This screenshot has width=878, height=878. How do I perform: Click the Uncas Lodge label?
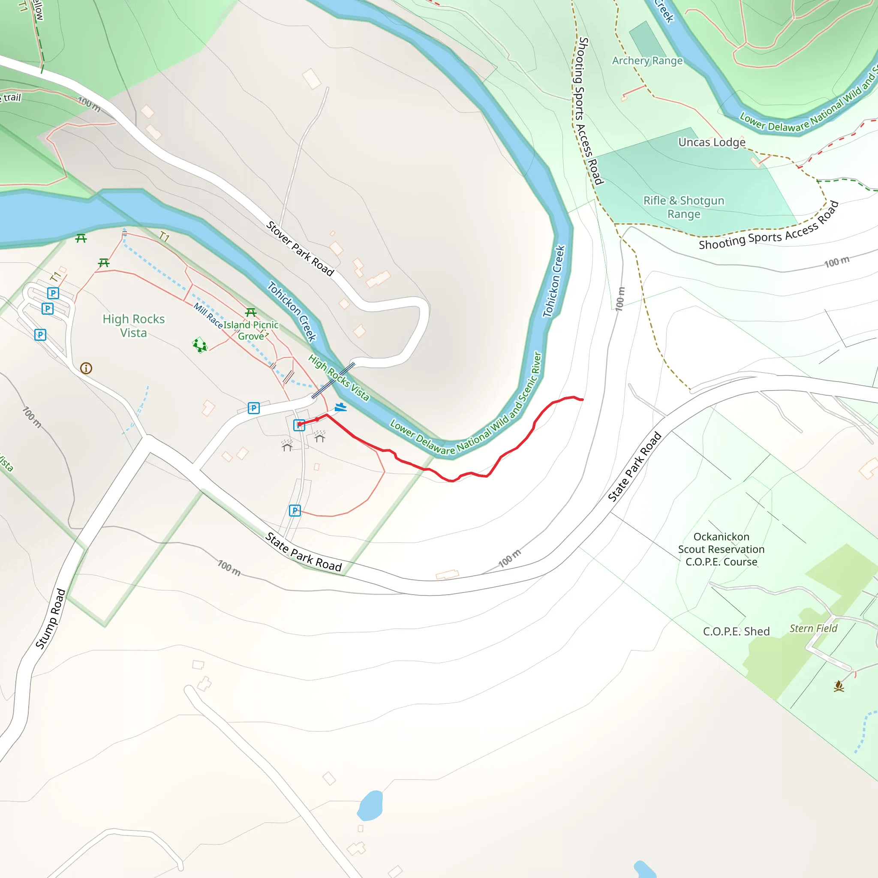(712, 142)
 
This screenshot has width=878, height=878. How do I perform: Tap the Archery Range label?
(647, 60)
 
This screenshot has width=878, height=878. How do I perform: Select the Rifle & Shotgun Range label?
(683, 207)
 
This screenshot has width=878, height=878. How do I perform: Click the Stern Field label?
(813, 628)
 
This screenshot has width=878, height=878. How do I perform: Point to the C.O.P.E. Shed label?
(736, 631)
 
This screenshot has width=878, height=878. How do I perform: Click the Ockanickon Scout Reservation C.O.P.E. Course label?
(721, 549)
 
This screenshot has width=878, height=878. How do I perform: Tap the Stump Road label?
(51, 619)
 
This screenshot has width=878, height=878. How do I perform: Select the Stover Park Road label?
(300, 249)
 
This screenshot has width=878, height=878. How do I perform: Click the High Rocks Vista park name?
(134, 326)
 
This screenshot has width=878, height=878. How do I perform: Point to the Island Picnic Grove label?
(251, 331)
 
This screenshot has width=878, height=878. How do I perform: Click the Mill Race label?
(207, 316)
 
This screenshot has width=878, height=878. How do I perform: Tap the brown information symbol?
(86, 368)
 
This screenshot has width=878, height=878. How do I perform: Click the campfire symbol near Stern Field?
(839, 686)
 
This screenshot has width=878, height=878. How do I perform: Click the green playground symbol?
(199, 345)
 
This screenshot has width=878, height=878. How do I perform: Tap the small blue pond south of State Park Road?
(370, 805)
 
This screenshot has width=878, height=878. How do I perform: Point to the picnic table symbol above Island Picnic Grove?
(250, 312)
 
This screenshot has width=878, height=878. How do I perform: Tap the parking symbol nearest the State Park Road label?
(295, 510)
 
